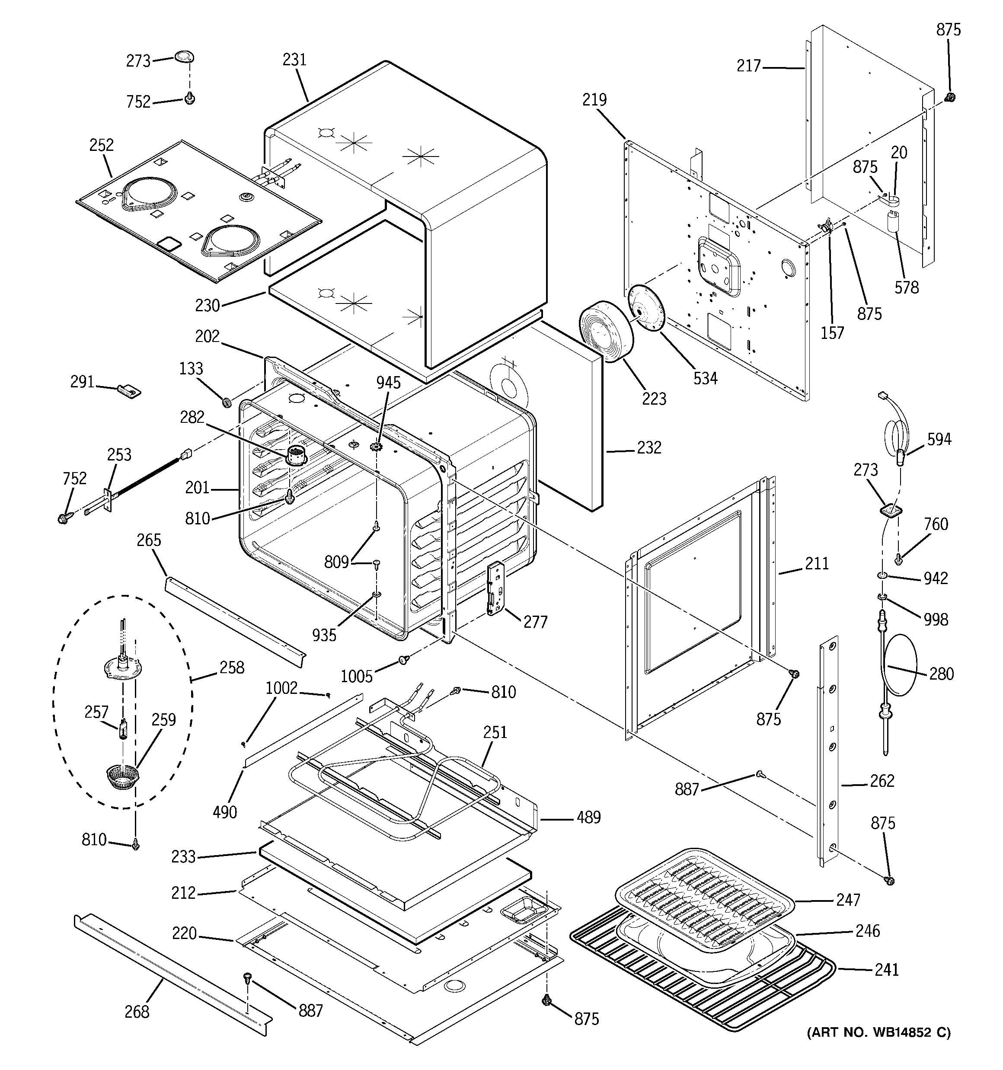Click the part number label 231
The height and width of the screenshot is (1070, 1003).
(294, 59)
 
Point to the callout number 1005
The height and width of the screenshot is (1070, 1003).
(356, 676)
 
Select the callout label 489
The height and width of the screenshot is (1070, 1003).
(588, 817)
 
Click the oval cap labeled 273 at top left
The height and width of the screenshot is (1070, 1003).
(184, 57)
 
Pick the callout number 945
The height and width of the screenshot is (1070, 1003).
(388, 383)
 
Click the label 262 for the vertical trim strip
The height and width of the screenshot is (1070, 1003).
(882, 780)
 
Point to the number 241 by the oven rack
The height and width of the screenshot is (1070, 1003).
(886, 969)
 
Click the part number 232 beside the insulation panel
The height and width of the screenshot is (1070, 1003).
(649, 447)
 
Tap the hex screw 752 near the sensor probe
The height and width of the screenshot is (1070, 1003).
(64, 518)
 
